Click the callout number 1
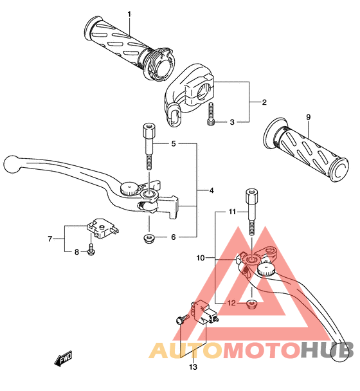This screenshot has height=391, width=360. tap(129, 15)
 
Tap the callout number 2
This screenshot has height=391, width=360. tap(264, 102)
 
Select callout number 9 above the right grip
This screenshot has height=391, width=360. tap(309, 116)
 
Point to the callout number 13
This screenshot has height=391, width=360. tap(193, 367)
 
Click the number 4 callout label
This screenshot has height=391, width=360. tap(212, 190)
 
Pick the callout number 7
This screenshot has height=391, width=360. tap(50, 239)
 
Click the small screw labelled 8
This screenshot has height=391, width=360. tap(91, 251)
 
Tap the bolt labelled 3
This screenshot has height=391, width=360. tap(211, 114)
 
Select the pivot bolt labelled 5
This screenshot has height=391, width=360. tap(148, 146)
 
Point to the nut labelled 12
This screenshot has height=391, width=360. tap(251, 304)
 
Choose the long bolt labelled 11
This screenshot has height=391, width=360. tap(252, 212)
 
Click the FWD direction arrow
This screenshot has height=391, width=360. tap(64, 358)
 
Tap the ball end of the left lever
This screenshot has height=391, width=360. tap(12, 164)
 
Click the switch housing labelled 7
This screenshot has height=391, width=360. tap(102, 229)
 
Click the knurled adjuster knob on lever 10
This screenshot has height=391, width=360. tap(265, 269)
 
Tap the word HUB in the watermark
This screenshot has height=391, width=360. tap(327, 350)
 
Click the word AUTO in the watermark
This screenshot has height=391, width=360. tap(185, 350)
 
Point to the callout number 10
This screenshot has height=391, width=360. tap(201, 258)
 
